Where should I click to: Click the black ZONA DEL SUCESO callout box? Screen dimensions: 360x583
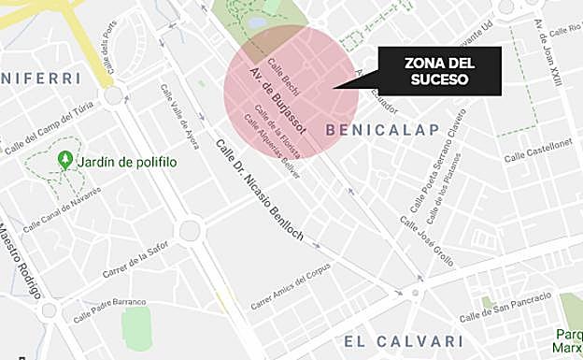pyautogui.click(x=439, y=71)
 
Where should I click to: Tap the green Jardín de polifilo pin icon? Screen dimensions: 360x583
pyautogui.click(x=65, y=160)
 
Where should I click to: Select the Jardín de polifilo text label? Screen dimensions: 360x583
pyautogui.click(x=127, y=162)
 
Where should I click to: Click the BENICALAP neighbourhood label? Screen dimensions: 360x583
pyautogui.click(x=382, y=129)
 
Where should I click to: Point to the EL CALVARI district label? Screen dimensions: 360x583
pyautogui.click(x=404, y=340)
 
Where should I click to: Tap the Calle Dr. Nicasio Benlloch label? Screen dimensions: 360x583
pyautogui.click(x=259, y=191)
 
